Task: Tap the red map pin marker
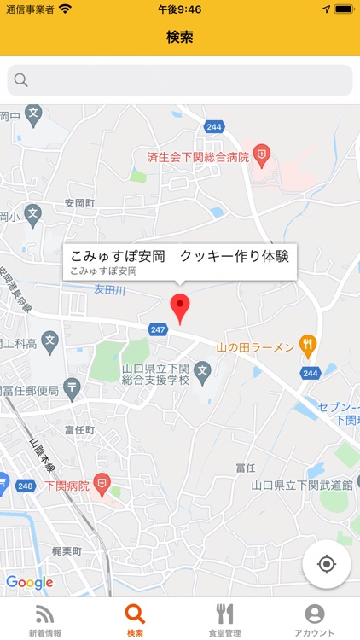click(x=180, y=306)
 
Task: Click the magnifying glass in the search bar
click(x=21, y=80)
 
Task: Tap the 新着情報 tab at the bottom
click(x=44, y=620)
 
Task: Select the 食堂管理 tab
click(x=224, y=620)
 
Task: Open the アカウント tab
click(x=314, y=620)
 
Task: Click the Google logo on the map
click(x=29, y=583)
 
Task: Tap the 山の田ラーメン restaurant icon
click(x=308, y=346)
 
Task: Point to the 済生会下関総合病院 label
click(x=198, y=157)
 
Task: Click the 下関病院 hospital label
click(x=67, y=485)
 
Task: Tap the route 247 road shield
click(x=157, y=329)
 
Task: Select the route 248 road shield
click(x=25, y=486)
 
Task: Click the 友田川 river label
click(x=109, y=290)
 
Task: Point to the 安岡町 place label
click(x=79, y=203)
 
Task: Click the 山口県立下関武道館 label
click(x=302, y=484)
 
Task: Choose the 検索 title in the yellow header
click(x=180, y=38)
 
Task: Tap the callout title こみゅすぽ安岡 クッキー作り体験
click(x=180, y=255)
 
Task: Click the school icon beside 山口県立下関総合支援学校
click(x=202, y=369)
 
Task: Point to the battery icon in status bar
click(x=343, y=9)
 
